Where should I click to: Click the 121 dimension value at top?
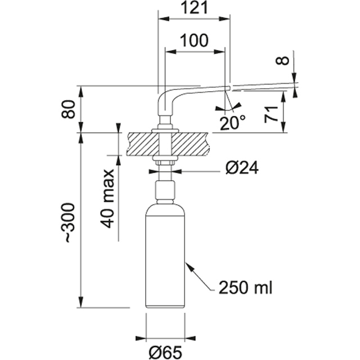[194, 8]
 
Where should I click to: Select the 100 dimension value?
[195, 41]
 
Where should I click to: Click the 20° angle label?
[232, 123]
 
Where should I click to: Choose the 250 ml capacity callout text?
[245, 289]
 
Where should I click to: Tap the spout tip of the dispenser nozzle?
[227, 88]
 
